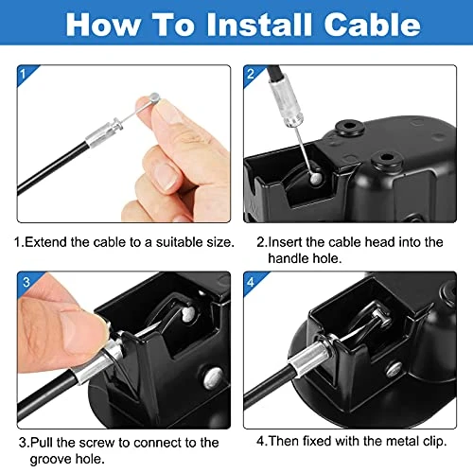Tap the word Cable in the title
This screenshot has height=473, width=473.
click(x=363, y=25)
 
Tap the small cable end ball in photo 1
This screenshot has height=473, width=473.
click(x=152, y=97)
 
